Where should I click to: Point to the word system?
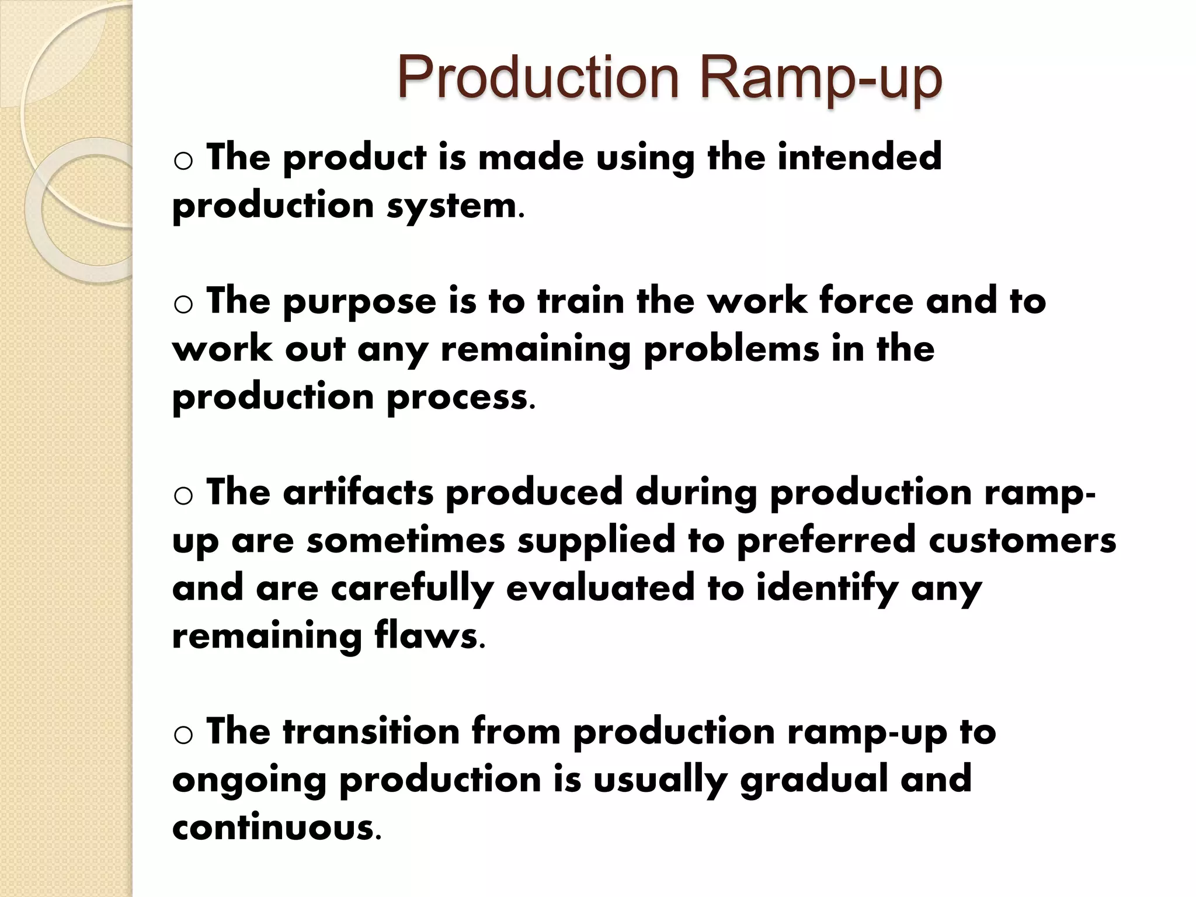point(452,207)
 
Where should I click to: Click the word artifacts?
point(358,492)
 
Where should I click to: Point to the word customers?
point(1022,541)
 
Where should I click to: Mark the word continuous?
point(273,828)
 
